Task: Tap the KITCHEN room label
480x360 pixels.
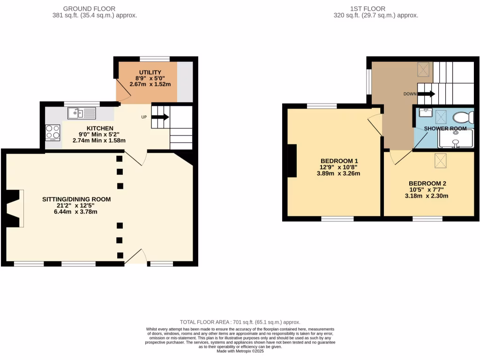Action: pos(99,128)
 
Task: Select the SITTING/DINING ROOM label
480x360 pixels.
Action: pos(76,199)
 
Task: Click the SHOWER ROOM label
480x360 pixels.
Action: pos(445,128)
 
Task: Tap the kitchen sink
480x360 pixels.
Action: pos(81,113)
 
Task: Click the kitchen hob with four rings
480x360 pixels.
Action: pos(52,132)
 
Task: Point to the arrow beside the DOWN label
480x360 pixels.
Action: pos(426,94)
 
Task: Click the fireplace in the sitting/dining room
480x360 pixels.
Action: pos(15,208)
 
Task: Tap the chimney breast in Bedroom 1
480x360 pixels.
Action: pos(292,161)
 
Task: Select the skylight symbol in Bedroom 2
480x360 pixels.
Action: pos(441,160)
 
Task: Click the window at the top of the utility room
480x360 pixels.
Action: pos(155,59)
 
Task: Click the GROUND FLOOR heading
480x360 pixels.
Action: pos(89,8)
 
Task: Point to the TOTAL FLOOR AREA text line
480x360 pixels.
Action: pos(240,322)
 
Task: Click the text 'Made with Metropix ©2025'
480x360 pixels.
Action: pos(240,351)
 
